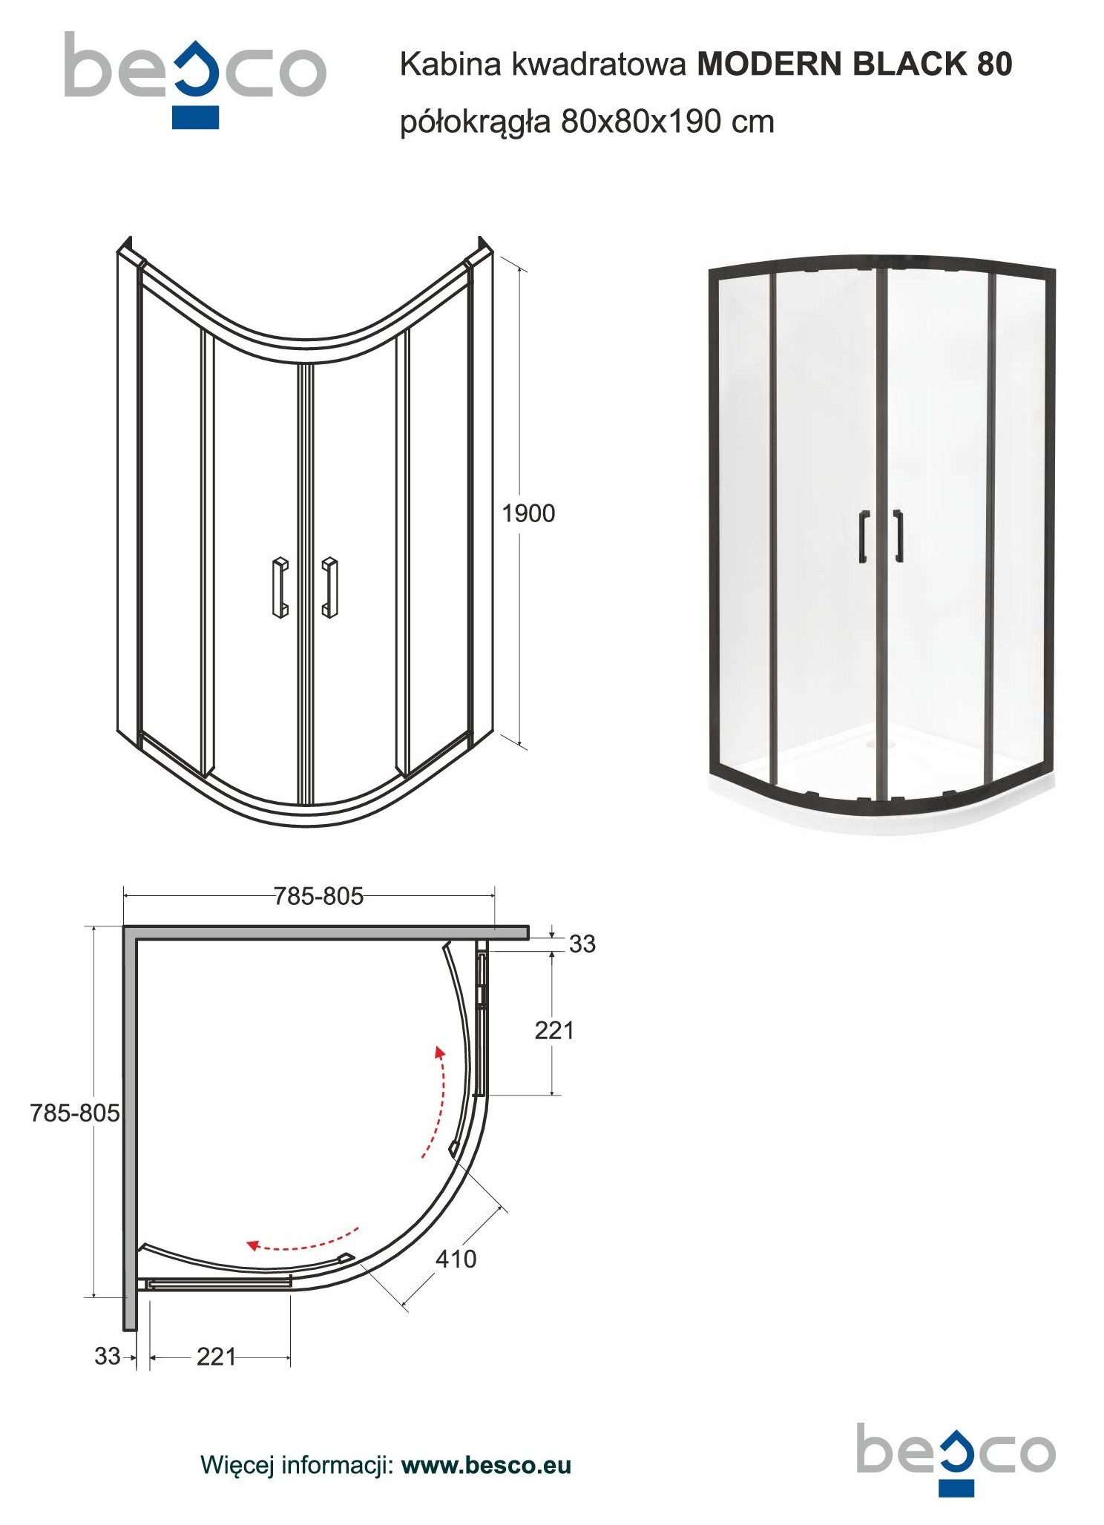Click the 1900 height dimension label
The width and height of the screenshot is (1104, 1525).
[528, 513]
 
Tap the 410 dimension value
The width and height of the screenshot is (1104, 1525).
[456, 1259]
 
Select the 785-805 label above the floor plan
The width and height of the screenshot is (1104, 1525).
[318, 897]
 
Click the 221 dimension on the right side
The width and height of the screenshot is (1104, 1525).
[554, 1030]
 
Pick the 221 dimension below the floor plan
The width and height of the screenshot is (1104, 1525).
[216, 1357]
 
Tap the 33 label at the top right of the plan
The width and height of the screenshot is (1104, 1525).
[582, 943]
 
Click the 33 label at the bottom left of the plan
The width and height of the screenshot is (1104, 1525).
[108, 1356]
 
